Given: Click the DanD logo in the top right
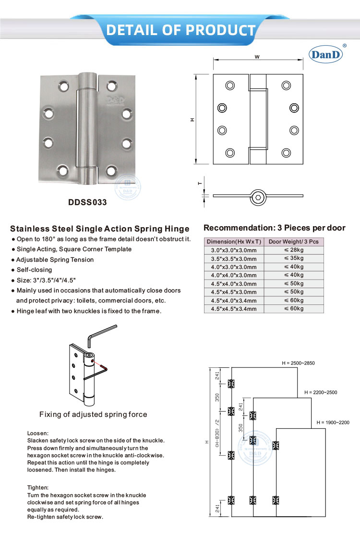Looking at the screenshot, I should [x=327, y=54].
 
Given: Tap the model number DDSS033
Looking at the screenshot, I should [x=87, y=202].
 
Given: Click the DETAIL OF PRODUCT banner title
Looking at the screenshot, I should [x=180, y=30].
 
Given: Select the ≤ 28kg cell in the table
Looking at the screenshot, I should [x=294, y=250].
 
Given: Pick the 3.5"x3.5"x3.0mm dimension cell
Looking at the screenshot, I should [x=234, y=258].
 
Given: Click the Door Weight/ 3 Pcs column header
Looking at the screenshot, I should [x=294, y=242].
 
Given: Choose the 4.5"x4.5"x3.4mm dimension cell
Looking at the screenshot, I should [x=234, y=308].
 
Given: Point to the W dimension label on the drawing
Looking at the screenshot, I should [x=257, y=57].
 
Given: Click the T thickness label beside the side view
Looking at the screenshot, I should [x=199, y=183].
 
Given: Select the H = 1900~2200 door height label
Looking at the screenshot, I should [x=333, y=423].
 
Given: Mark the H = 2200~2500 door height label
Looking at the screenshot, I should [x=321, y=392].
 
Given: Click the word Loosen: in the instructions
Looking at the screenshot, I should [x=38, y=433].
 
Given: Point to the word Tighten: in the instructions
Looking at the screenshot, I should [x=38, y=487].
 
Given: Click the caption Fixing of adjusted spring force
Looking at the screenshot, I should [x=93, y=414].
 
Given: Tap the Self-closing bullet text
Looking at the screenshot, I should [x=34, y=270].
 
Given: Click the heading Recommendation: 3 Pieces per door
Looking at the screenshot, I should [x=275, y=228].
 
